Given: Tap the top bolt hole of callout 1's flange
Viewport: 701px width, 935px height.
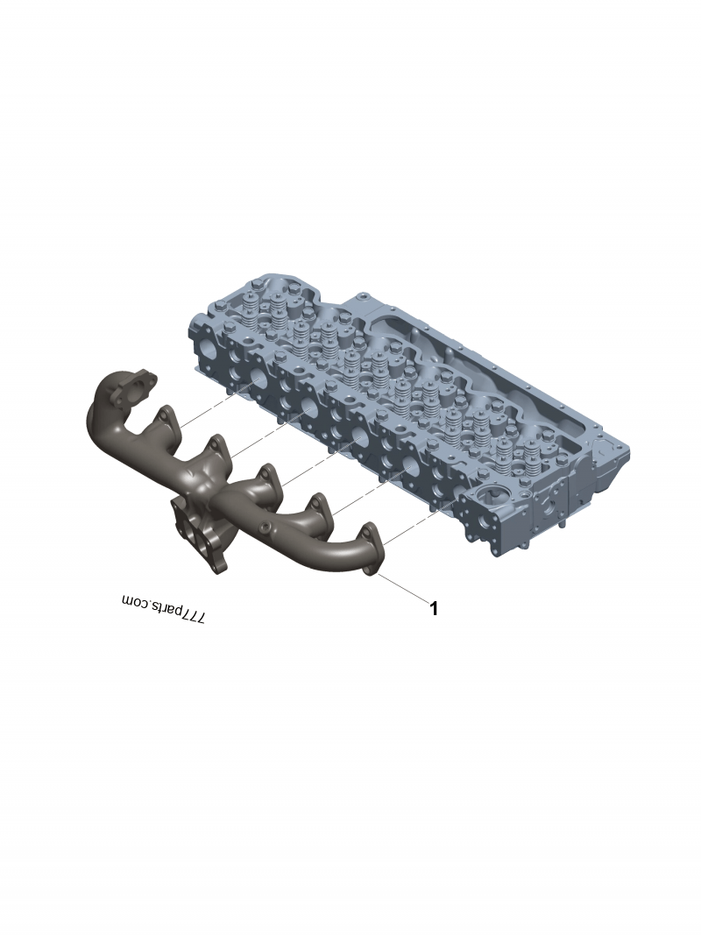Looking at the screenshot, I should click(x=370, y=529).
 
